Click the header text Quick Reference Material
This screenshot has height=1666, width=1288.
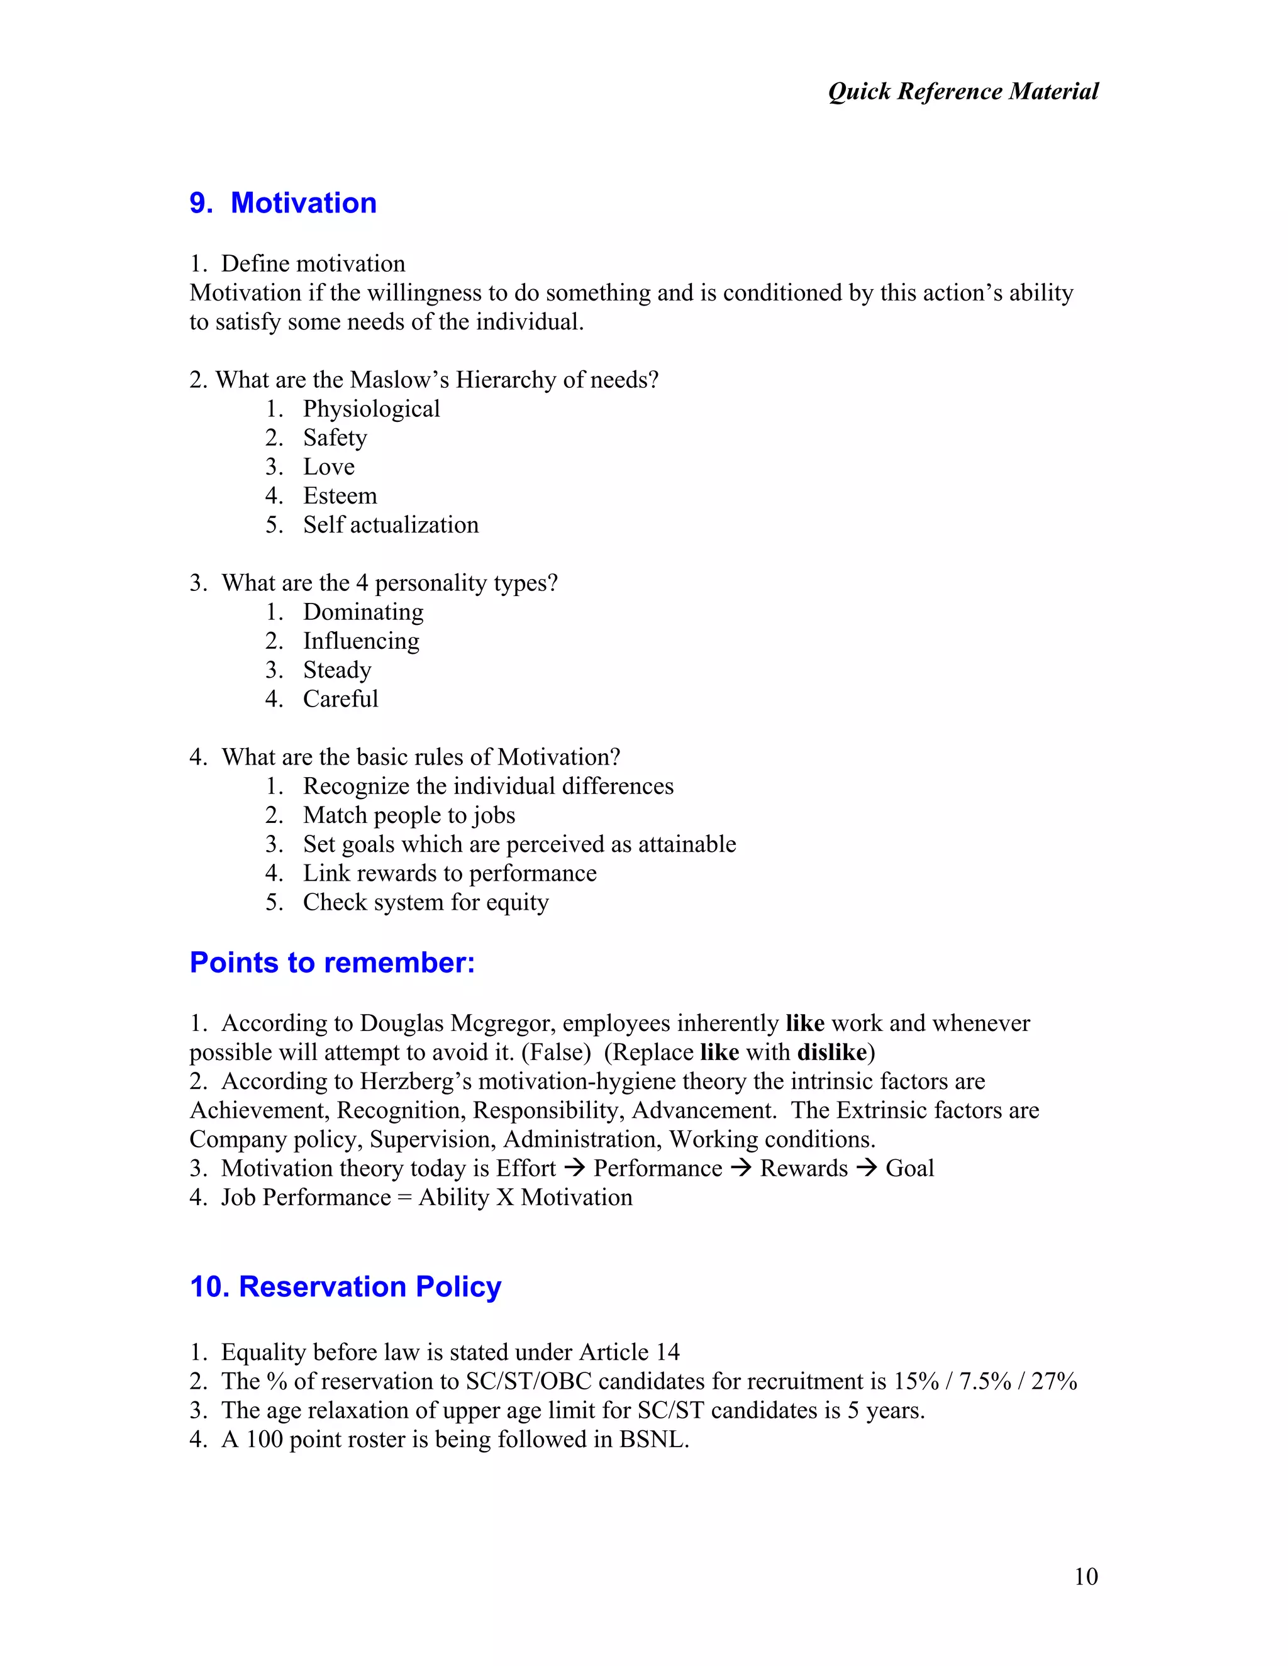[963, 92]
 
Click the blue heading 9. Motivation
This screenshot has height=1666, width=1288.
[283, 203]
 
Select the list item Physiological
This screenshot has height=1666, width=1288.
[371, 409]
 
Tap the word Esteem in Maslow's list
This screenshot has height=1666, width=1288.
[340, 496]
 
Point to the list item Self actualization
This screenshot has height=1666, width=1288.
[390, 525]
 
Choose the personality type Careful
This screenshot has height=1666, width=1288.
[340, 698]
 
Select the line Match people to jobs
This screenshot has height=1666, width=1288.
[409, 815]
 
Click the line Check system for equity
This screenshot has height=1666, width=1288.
[425, 902]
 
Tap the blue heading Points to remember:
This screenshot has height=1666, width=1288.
[332, 963]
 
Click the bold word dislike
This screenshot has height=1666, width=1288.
[831, 1052]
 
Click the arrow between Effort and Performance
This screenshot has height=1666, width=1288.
[575, 1169]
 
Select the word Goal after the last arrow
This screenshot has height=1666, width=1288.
[909, 1169]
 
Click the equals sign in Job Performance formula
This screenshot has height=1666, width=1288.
[404, 1198]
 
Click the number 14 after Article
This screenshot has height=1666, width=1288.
[667, 1352]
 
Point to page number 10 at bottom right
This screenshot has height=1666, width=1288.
[1085, 1577]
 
